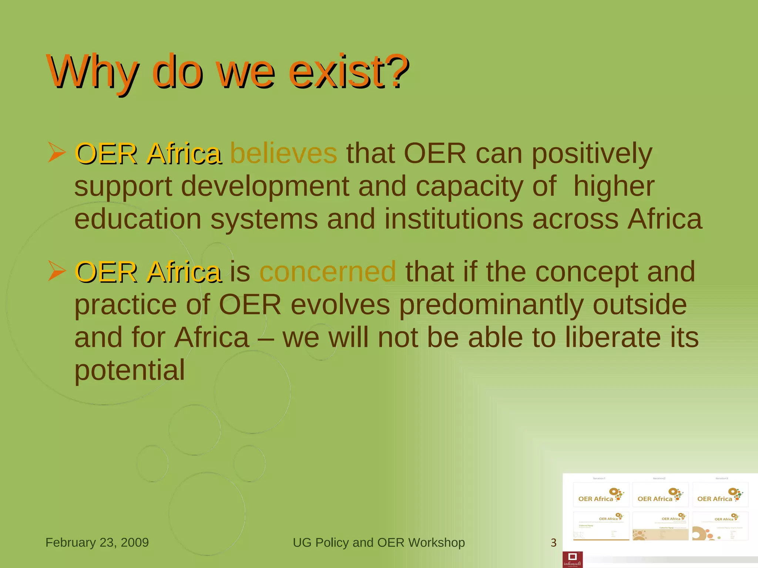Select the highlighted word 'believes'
tap(284, 153)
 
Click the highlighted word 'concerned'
tap(328, 271)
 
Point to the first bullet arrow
tap(57, 153)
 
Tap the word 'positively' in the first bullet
tap(592, 154)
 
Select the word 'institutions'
tap(453, 219)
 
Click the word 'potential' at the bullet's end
tap(130, 370)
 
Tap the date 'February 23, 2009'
tap(97, 542)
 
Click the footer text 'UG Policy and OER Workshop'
tap(379, 542)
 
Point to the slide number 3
tap(553, 543)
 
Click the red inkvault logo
tap(573, 559)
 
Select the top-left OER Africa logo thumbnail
tap(601, 495)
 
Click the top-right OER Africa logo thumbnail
tap(720, 495)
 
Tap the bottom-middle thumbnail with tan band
tap(661, 526)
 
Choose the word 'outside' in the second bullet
tap(640, 305)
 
